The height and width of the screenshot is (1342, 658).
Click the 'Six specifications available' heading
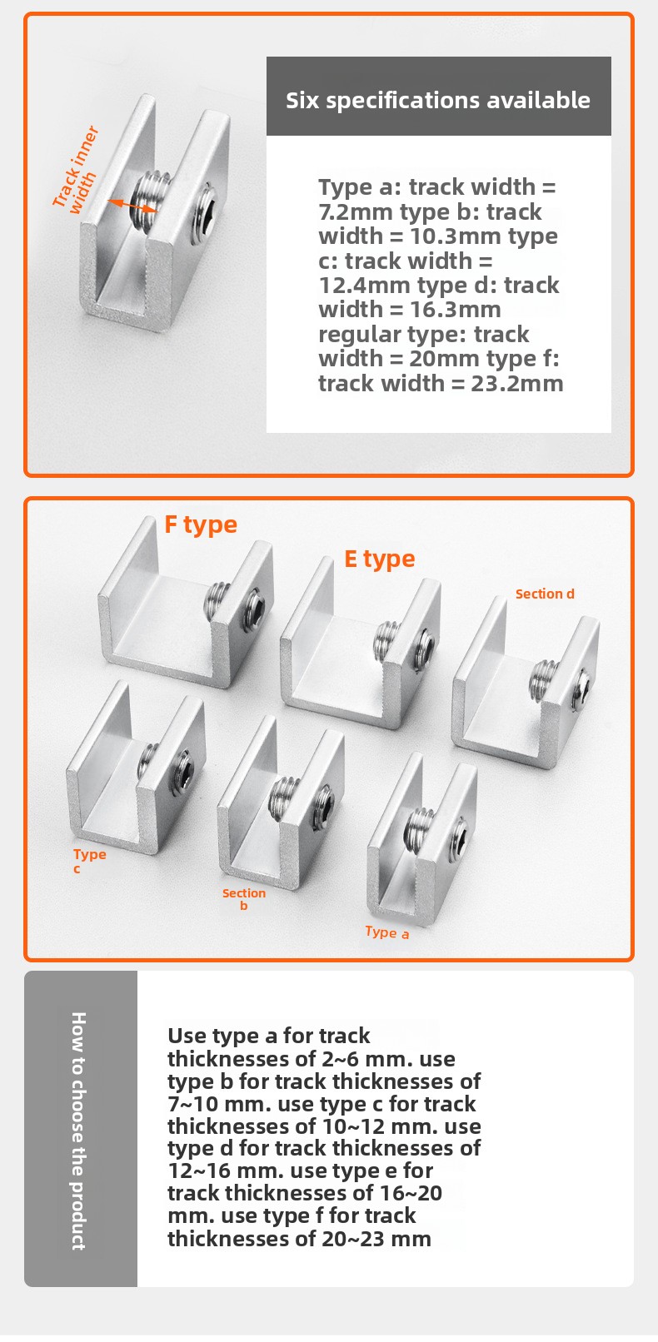438,100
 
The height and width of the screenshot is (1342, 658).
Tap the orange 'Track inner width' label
75,168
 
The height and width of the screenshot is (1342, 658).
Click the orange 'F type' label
201,524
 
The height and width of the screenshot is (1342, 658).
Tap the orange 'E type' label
379,559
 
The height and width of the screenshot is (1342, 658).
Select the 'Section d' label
545,594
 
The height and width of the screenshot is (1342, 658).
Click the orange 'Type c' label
89,860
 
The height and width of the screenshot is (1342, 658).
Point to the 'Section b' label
244,898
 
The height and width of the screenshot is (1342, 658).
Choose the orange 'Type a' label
387,932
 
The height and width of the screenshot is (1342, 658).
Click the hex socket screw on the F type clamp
253,611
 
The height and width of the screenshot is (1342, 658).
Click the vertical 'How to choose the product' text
78,1130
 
